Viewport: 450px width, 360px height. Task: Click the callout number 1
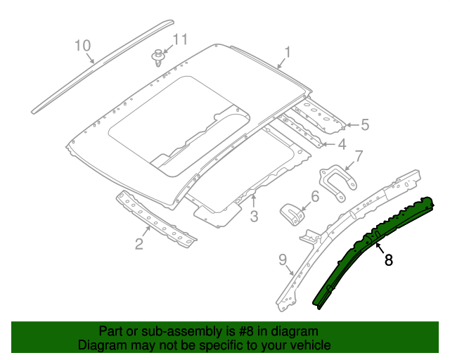(288, 51)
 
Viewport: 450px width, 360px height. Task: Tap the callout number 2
(139, 244)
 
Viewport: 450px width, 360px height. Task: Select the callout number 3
(254, 215)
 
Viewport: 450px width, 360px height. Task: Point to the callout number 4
(342, 145)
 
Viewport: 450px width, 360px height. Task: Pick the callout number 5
(364, 125)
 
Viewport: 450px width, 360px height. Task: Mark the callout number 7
(359, 156)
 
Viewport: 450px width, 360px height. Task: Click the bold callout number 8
(388, 259)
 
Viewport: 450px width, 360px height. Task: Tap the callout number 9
(283, 260)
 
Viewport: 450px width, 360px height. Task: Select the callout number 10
(83, 46)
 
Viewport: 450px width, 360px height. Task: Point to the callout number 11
(181, 40)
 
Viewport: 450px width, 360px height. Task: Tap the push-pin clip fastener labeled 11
(159, 56)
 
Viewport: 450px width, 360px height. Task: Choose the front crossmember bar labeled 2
(156, 219)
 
